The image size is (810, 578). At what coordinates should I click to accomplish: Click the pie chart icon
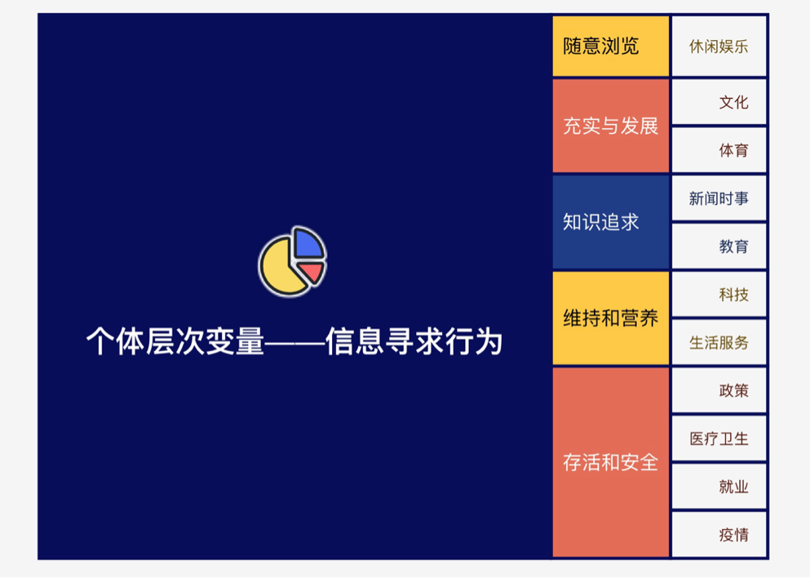click(292, 261)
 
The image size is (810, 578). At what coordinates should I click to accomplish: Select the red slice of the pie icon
click(311, 272)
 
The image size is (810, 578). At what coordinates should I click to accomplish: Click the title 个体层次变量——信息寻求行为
click(294, 341)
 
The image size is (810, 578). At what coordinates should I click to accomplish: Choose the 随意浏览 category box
click(610, 46)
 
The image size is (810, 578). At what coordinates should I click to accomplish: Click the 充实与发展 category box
click(610, 126)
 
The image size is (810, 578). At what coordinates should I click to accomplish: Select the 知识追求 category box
click(610, 222)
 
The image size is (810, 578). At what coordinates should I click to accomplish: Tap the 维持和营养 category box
click(610, 318)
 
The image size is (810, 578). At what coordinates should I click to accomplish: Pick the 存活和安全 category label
click(610, 462)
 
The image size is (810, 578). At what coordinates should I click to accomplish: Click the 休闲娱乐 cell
click(719, 46)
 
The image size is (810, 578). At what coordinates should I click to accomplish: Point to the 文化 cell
click(719, 102)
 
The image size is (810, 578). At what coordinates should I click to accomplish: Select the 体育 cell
click(719, 150)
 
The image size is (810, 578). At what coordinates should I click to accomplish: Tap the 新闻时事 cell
click(719, 198)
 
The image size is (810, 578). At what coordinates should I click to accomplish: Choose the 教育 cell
click(719, 247)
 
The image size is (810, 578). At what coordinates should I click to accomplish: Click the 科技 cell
click(719, 295)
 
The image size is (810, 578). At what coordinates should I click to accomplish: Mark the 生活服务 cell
click(719, 343)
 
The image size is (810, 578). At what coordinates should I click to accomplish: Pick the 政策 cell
click(719, 391)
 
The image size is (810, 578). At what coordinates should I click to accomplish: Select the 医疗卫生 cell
click(719, 439)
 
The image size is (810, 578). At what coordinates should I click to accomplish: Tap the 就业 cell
click(719, 487)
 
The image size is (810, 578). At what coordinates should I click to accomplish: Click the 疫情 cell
click(719, 536)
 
